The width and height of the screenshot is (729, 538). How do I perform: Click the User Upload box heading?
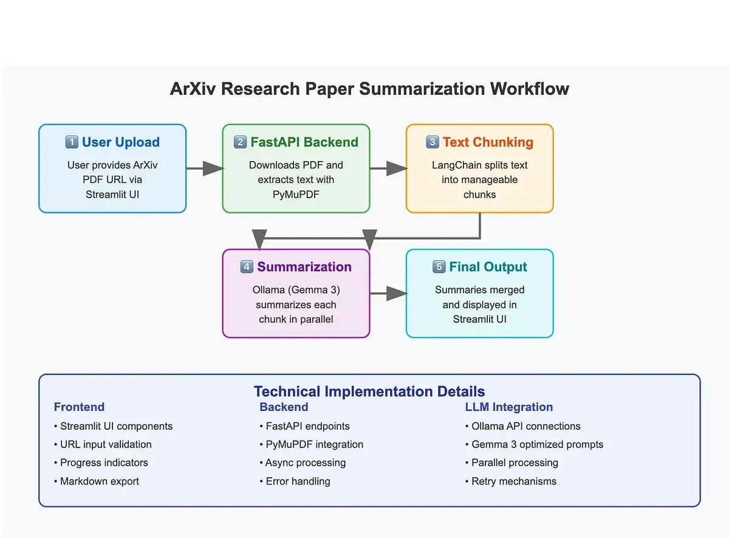coord(120,142)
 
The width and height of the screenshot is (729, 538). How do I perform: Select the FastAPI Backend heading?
coord(304,142)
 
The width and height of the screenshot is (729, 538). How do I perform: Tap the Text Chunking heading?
coord(488,142)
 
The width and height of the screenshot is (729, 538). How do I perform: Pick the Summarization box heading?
coord(304,267)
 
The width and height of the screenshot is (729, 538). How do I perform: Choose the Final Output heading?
coord(488,267)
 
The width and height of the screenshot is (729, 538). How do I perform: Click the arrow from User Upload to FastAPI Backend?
coord(204,168)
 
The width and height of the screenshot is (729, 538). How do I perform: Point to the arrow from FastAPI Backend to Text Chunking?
coord(388,168)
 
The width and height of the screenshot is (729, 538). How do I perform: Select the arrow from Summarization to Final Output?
coord(388,294)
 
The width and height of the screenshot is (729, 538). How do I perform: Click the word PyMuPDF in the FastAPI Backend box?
coord(296,195)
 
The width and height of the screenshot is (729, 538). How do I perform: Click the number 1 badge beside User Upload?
coord(72,142)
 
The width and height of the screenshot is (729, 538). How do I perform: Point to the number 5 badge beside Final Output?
coord(439,267)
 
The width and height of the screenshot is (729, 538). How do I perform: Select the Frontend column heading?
coord(79,407)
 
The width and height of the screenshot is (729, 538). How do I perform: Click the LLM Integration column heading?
coord(509,407)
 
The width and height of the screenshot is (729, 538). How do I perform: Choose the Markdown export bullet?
coord(99,481)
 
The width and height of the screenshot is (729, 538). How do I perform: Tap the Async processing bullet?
coord(305,463)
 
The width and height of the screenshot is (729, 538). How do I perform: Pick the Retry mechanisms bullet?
coord(513,481)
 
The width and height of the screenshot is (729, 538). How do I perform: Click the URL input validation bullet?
coord(106,444)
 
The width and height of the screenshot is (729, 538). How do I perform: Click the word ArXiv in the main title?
coord(193,89)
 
